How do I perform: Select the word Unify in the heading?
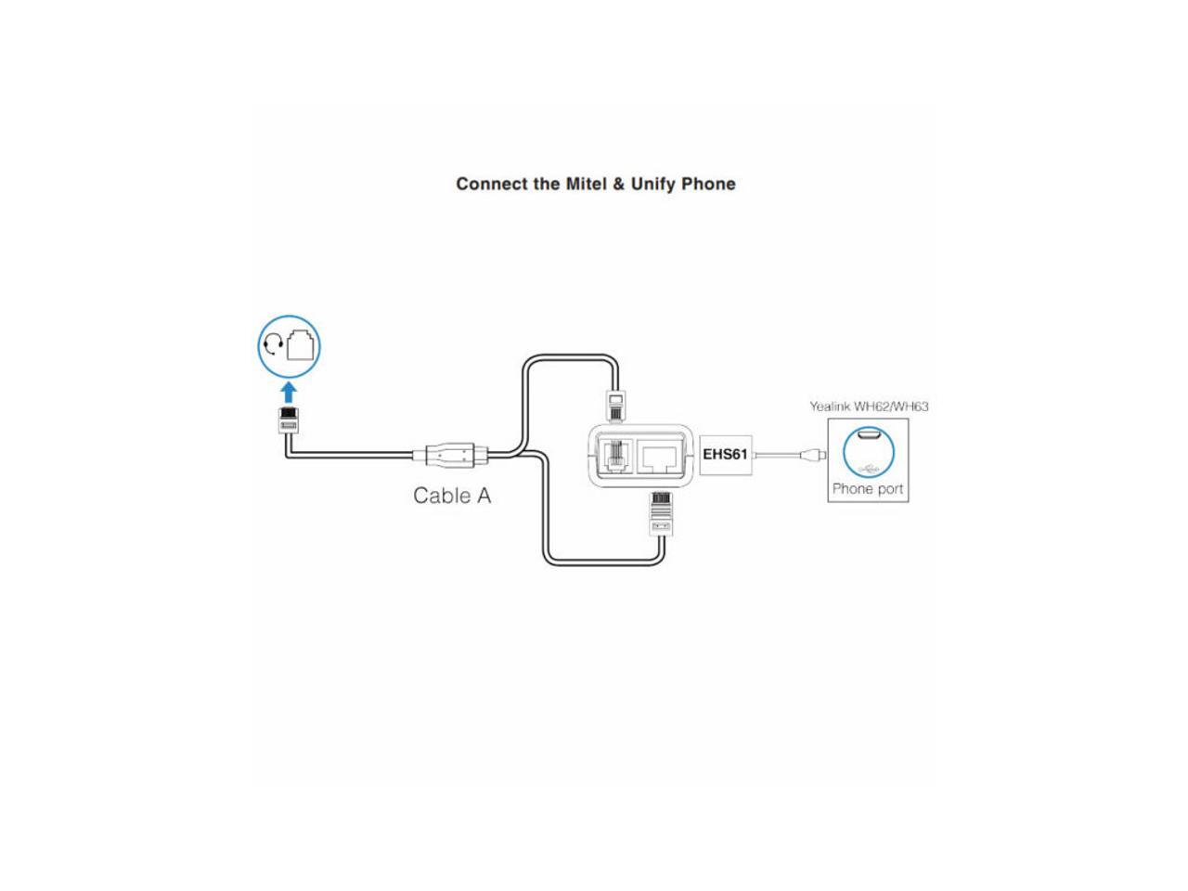[653, 184]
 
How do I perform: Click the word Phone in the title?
[708, 184]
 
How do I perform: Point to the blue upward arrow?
[289, 391]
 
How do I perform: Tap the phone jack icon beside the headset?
[302, 345]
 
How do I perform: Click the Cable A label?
[452, 496]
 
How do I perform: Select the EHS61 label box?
[725, 455]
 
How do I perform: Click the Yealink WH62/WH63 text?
[869, 407]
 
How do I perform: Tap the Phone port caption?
[868, 489]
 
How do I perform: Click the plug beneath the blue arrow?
[289, 420]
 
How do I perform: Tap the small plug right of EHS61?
[813, 455]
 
